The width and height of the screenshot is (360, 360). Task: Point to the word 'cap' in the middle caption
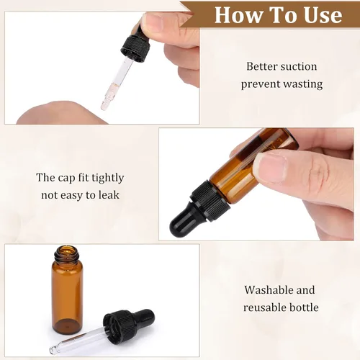70,177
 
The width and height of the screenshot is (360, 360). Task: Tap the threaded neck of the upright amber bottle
67,254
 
